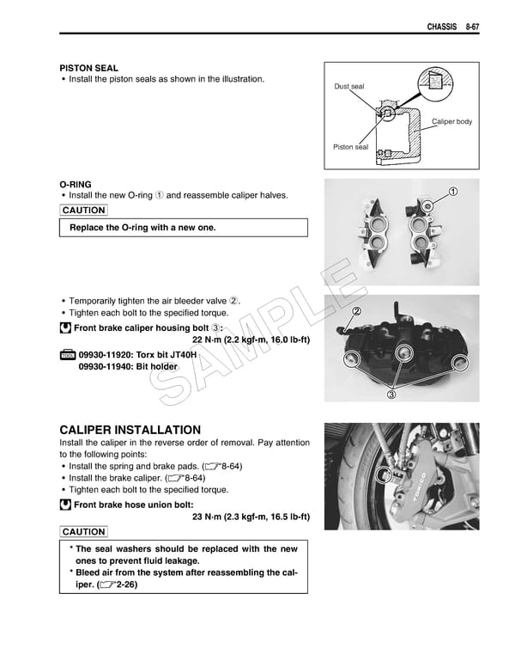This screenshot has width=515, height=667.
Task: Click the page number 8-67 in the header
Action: [467, 28]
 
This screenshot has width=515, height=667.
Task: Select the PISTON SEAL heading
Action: [88, 67]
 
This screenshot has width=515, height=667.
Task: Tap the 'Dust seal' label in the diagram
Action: [349, 87]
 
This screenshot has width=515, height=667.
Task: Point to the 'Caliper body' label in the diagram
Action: [451, 122]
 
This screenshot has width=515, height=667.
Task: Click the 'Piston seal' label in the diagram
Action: [350, 147]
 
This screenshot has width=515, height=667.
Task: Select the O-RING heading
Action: [76, 184]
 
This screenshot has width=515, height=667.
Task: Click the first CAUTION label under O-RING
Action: [84, 211]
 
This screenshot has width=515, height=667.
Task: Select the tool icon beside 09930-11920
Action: [67, 355]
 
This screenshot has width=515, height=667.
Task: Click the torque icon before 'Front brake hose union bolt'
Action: [65, 505]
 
